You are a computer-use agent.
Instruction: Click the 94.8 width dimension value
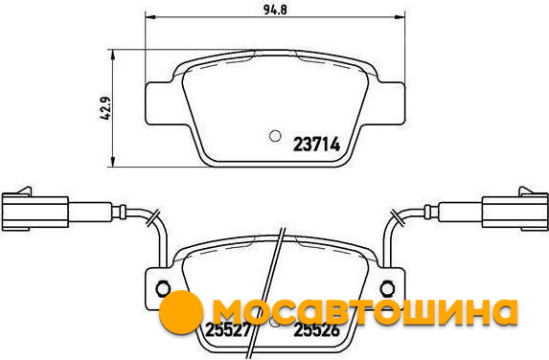[275, 10]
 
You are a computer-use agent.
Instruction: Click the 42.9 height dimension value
[105, 108]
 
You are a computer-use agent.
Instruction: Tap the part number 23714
[316, 145]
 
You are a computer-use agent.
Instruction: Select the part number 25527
[228, 329]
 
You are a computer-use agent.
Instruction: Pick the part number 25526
[317, 329]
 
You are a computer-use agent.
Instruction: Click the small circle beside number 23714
[275, 136]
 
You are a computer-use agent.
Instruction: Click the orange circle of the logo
[181, 312]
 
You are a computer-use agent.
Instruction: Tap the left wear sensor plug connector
[35, 210]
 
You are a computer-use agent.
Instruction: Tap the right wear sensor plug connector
[515, 210]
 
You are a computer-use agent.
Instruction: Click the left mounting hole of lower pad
[163, 288]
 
